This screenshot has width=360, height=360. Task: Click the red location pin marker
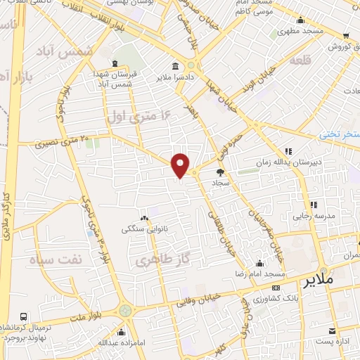pos(181,165)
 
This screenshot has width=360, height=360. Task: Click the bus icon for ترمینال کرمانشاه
pos(24,317)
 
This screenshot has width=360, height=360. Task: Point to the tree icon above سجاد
pos(220,171)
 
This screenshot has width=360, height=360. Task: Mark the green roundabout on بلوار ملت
pos(125,310)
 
